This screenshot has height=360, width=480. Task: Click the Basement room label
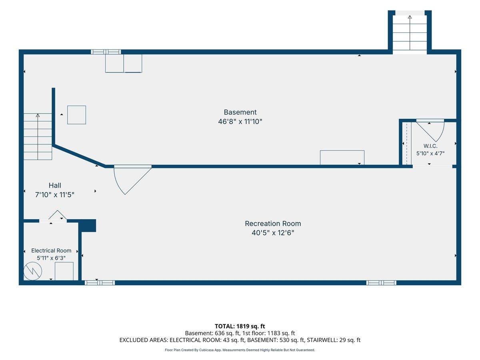[240, 112]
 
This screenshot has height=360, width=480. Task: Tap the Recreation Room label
[273, 224]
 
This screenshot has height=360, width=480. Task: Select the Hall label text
[55, 185]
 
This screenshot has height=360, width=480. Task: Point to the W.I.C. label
[430, 146]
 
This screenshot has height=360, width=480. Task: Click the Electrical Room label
[51, 250]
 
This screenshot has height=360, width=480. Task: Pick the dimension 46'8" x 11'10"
[240, 122]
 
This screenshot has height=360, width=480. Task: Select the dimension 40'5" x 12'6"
[273, 233]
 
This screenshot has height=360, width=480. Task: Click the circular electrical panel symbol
[32, 271]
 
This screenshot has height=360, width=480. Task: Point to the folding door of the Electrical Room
[57, 215]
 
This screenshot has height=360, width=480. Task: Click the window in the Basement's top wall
[106, 52]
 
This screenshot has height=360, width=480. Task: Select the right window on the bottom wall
[381, 283]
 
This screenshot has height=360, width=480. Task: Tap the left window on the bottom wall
[100, 283]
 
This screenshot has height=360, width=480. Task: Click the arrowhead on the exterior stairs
[410, 17]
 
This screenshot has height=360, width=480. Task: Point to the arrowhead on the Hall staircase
[38, 115]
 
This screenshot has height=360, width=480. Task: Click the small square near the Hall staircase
[76, 115]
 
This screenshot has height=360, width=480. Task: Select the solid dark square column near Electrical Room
[87, 225]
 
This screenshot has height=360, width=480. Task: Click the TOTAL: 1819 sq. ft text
[240, 326]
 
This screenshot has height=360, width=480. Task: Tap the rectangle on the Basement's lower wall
[342, 157]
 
